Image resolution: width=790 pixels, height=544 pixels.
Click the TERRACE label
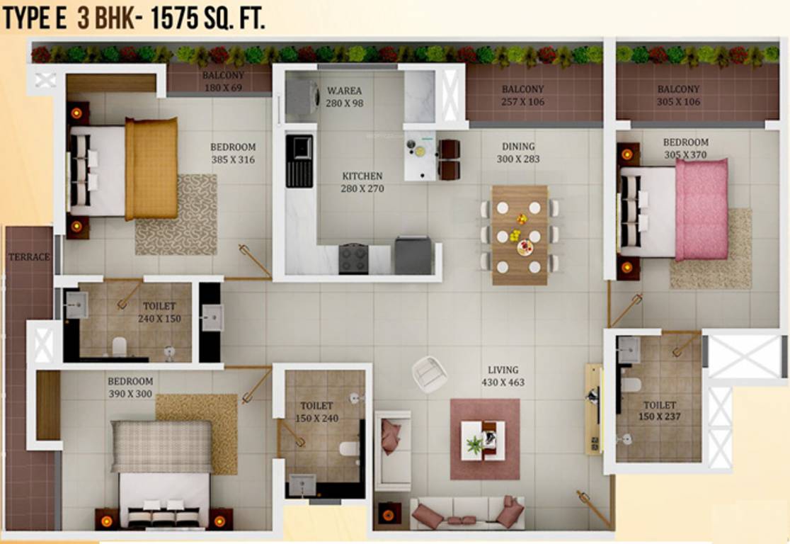pyautogui.click(x=29, y=257)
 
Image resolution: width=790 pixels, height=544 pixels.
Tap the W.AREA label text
pyautogui.click(x=345, y=91)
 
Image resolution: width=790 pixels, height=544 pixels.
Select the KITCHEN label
pyautogui.click(x=362, y=176)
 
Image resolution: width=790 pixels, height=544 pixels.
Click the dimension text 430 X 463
pyautogui.click(x=503, y=382)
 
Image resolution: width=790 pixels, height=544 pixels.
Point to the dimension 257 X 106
pyautogui.click(x=523, y=101)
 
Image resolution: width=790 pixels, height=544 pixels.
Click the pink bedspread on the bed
pyautogui.click(x=701, y=209)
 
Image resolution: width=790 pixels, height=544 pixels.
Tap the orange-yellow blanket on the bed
pyautogui.click(x=151, y=168)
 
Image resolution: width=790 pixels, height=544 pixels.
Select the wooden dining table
pyautogui.click(x=520, y=234)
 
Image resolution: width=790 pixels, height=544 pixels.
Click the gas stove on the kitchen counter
pyautogui.click(x=353, y=259)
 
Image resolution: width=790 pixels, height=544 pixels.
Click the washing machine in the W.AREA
pyautogui.click(x=303, y=98)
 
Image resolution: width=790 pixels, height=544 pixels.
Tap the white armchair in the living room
pyautogui.click(x=430, y=373)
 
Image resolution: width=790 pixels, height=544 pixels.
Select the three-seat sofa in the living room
pyautogui.click(x=468, y=513)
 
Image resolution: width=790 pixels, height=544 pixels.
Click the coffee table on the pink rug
pyautogui.click(x=483, y=440)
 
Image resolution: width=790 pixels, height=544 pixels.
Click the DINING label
pyautogui.click(x=518, y=147)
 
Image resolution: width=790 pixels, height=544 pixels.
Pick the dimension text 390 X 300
pyautogui.click(x=130, y=394)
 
